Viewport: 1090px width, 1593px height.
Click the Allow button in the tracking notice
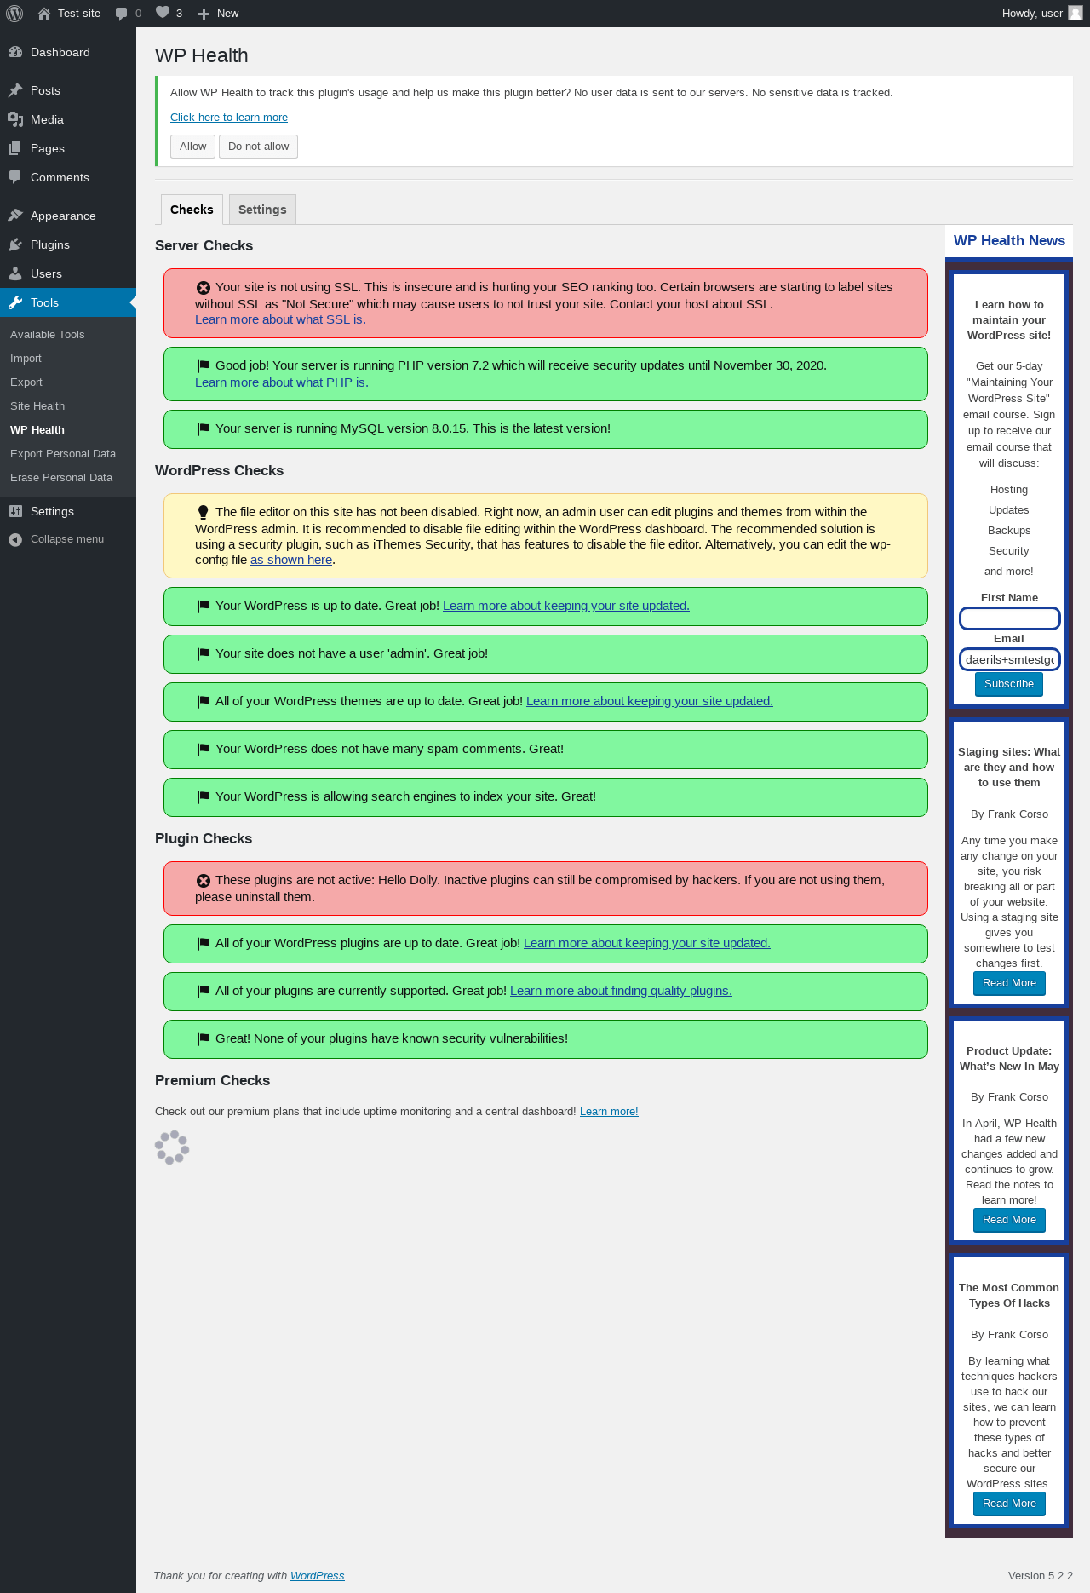coord(192,147)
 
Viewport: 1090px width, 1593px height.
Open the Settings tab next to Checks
coord(262,210)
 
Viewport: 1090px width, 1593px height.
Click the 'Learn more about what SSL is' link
coord(280,319)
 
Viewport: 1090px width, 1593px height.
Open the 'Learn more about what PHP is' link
coord(282,382)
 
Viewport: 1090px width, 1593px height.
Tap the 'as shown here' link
coord(291,560)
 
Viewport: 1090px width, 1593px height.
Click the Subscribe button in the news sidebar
coord(1009,684)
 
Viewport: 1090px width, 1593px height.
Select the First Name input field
coord(1009,618)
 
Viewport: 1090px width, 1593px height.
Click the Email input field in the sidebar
coord(1009,659)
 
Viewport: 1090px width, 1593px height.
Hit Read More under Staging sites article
coord(1009,983)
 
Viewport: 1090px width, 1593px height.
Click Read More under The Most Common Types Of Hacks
coord(1009,1504)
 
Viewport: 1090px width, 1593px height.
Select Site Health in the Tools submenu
coord(37,406)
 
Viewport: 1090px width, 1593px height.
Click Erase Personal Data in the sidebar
coord(61,478)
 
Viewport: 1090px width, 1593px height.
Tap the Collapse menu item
coord(56,539)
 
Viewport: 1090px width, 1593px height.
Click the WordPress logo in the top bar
coord(14,14)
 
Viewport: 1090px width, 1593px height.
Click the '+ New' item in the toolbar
coord(218,14)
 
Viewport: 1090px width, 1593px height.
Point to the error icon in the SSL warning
coord(204,288)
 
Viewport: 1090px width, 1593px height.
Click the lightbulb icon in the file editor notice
coord(203,513)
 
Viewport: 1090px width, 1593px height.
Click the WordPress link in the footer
coord(317,1576)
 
